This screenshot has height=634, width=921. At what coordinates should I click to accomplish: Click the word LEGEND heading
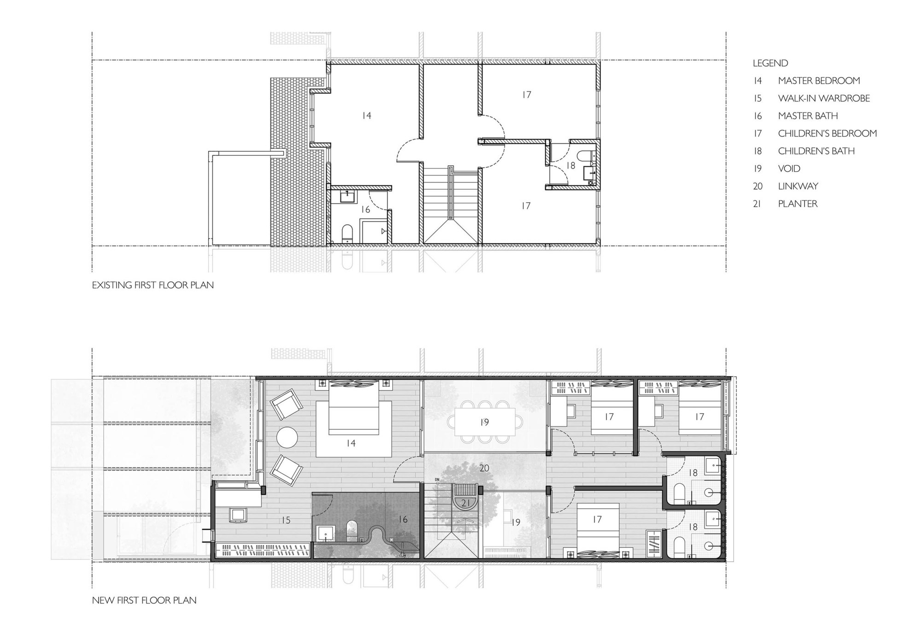pos(770,63)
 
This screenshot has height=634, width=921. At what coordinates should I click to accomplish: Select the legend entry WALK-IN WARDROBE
pos(823,98)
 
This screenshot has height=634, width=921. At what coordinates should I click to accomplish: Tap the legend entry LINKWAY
pos(798,186)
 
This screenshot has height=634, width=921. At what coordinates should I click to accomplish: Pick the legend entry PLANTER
pos(798,204)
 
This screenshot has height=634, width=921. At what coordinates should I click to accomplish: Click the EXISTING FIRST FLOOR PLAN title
pos(152,285)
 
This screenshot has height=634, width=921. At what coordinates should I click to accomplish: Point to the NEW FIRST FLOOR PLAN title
pos(144,600)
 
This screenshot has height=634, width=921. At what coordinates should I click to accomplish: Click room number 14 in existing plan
pos(366,116)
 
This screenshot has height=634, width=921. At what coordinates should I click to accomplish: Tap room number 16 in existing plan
pos(365,210)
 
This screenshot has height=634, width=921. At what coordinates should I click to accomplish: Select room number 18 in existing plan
pos(571,165)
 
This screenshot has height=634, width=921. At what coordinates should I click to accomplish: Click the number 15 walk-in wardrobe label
pos(286,520)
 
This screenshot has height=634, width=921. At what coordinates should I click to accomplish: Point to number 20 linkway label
pos(484,468)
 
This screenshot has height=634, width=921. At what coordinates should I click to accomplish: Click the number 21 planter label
pos(466,503)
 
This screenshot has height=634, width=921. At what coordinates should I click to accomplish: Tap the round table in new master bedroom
pos(288,437)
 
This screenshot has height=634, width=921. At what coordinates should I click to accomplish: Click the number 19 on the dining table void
pos(484,422)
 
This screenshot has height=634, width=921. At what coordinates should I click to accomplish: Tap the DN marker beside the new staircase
pos(437,480)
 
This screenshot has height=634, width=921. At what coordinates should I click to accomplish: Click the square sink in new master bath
pos(326,534)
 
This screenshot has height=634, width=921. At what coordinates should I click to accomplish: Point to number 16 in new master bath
pos(403,520)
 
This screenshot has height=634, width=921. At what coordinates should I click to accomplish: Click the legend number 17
pos(758,134)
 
